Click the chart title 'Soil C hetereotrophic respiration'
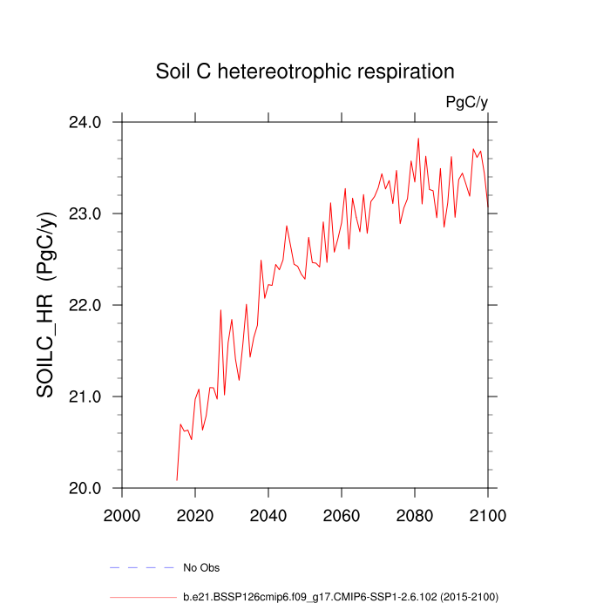point(305,71)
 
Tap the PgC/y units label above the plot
point(466,103)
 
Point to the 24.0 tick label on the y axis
point(85,122)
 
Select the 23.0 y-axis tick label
point(85,213)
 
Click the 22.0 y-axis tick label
point(85,305)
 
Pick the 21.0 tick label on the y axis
point(85,396)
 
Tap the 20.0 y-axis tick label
point(85,488)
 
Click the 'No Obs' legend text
point(200,568)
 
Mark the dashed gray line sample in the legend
point(141,568)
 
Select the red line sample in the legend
point(141,597)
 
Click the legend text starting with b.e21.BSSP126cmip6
point(340,597)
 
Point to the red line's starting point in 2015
point(177,480)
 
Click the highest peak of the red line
point(418,138)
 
